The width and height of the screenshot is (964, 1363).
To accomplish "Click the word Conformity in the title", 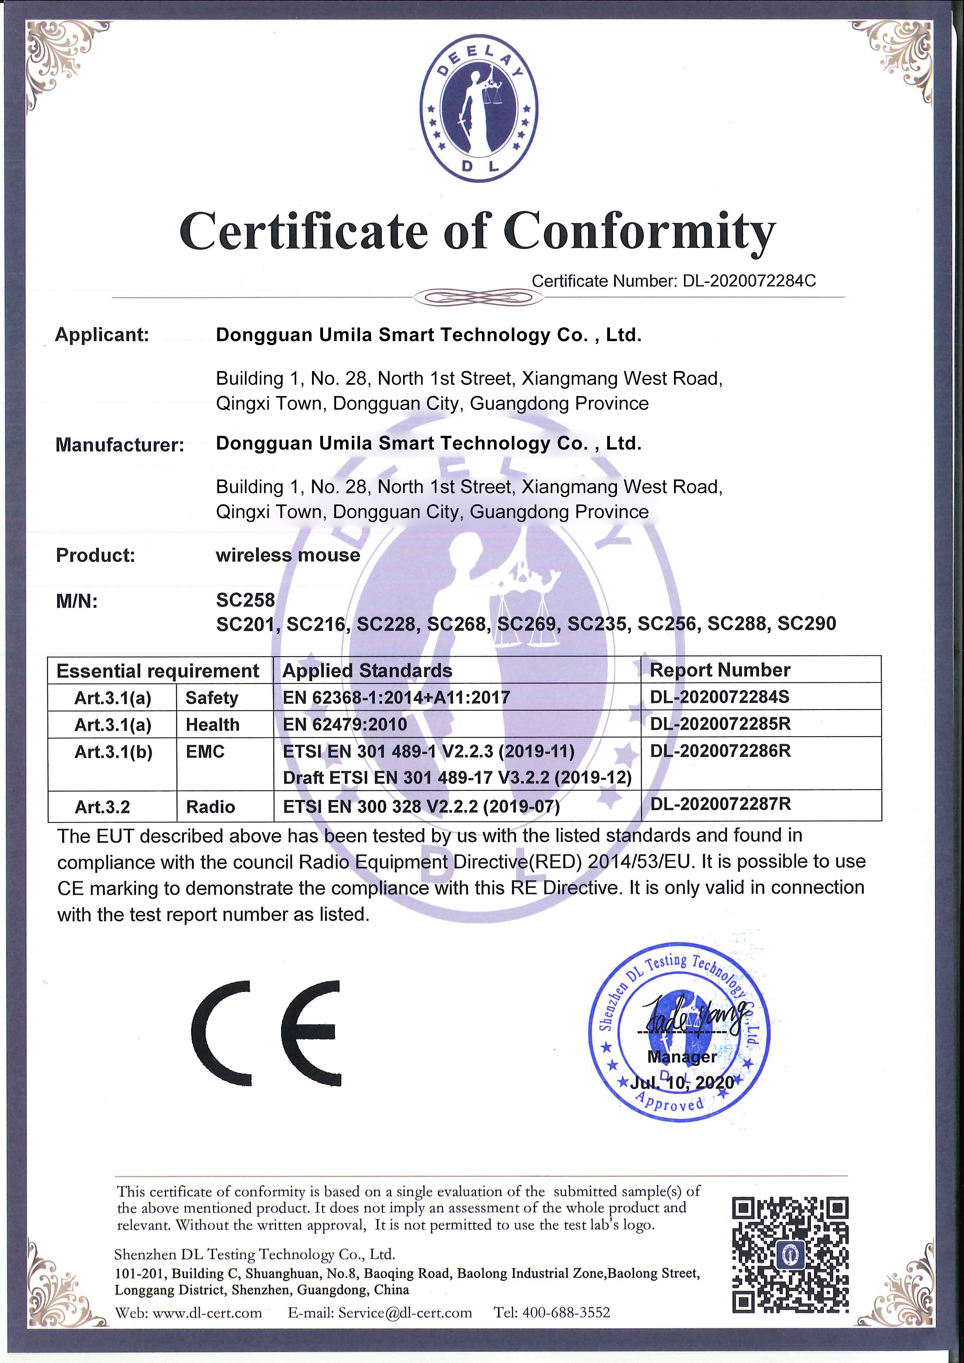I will tap(640, 232).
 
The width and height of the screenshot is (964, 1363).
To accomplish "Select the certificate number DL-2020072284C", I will tap(749, 281).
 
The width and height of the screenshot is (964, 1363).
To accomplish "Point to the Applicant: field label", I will tap(101, 335).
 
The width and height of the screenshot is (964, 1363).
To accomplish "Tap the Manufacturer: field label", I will tap(119, 444).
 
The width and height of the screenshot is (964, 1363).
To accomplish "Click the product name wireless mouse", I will tap(288, 555).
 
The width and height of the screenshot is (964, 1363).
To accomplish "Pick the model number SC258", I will tap(245, 600).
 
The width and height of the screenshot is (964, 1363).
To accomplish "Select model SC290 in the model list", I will tap(807, 623).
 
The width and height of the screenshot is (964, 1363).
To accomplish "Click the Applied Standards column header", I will tap(367, 671).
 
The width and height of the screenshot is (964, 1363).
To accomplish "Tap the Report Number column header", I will tap(720, 670).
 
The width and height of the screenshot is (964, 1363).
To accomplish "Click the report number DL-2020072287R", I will tap(721, 804).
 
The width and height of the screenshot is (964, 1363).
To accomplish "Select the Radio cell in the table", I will tap(210, 807).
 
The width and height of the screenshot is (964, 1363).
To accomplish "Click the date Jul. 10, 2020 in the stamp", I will tap(681, 1082).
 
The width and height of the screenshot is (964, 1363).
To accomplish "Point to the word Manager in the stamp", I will tap(681, 1057).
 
